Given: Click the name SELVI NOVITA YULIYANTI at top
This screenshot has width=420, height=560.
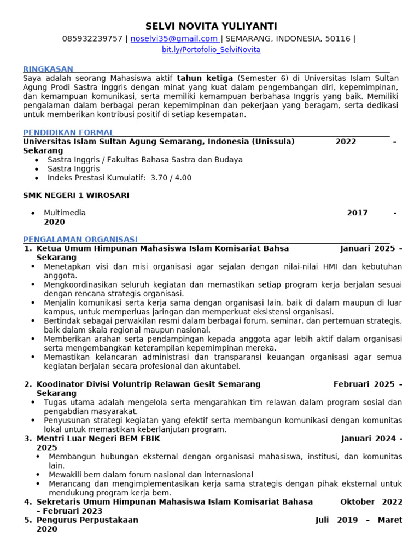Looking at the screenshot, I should (x=211, y=26).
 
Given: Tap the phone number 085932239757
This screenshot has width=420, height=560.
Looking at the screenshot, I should (x=92, y=39).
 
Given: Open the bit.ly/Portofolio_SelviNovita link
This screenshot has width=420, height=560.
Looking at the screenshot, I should (x=211, y=50).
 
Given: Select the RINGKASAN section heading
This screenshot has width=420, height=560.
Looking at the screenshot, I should (x=48, y=69).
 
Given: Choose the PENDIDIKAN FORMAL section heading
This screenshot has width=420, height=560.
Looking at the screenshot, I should (x=68, y=132).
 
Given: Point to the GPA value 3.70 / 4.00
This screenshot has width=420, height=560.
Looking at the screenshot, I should (x=171, y=178).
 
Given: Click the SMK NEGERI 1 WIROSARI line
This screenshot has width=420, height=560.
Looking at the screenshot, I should (x=76, y=195).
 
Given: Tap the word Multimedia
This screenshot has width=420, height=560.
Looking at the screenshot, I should (x=65, y=213).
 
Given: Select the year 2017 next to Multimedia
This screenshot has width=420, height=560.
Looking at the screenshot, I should (x=357, y=213).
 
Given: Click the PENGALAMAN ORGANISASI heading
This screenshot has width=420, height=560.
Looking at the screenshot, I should (x=80, y=240).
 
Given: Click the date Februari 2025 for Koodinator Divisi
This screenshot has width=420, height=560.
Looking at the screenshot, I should (x=364, y=384).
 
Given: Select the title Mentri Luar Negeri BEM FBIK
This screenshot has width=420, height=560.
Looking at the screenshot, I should (x=98, y=439).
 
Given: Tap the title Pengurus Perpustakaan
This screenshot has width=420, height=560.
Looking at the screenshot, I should (x=87, y=520).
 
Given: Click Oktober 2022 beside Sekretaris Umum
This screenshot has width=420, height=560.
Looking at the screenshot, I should (x=371, y=501).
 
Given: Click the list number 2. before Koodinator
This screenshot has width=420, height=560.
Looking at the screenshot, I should (x=28, y=384).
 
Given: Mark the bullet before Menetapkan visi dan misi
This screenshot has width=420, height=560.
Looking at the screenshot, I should (x=33, y=267).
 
